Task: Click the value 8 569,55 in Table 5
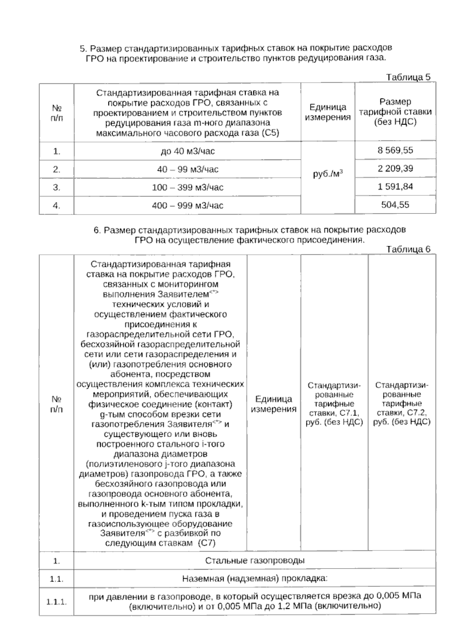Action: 395,151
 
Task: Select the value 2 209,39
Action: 395,169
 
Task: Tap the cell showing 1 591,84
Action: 395,187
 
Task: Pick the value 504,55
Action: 395,205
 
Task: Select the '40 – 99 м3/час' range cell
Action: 188,169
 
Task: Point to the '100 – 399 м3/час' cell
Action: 188,187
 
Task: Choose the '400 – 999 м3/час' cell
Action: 188,206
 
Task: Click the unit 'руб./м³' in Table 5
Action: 328,174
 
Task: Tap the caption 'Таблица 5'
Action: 408,77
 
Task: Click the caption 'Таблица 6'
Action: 408,249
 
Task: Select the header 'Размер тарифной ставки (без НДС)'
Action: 395,112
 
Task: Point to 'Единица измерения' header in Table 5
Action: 328,112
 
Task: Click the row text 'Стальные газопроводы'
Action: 254,561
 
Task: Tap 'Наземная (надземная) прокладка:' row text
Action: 254,579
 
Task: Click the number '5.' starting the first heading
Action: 83,49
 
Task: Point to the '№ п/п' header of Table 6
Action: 56,404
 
